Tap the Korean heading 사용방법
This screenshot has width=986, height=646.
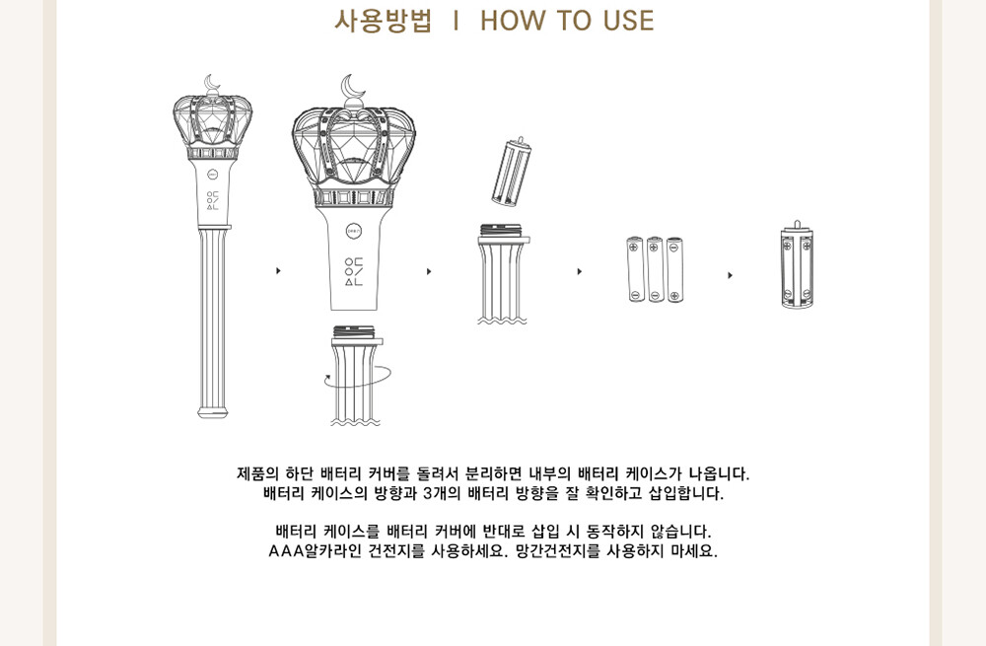click(x=383, y=21)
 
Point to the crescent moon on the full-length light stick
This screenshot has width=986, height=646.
click(x=212, y=83)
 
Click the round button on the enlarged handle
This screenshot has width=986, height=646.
click(x=354, y=231)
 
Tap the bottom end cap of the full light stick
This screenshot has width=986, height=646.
click(x=213, y=410)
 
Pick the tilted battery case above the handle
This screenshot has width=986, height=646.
click(x=512, y=172)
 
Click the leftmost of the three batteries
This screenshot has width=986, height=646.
click(x=635, y=269)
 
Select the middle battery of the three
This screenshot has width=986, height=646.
click(x=655, y=269)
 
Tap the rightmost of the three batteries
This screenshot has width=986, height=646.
click(x=674, y=269)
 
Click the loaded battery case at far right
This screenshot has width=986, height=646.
click(x=797, y=266)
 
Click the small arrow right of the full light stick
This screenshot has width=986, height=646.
click(x=278, y=270)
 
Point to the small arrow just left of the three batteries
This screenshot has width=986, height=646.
click(x=579, y=271)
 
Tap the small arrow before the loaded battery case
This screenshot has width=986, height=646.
click(x=730, y=275)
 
